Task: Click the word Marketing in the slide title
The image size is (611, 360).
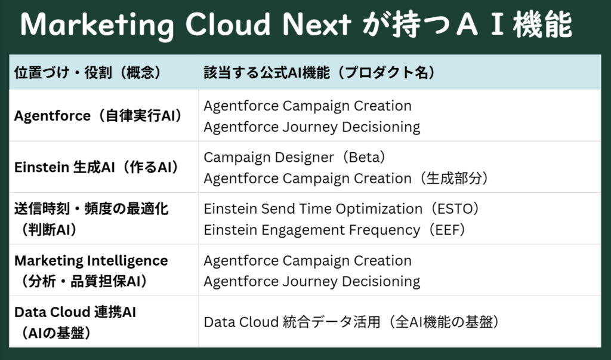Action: [97, 25]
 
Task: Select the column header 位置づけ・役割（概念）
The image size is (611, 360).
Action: [88, 73]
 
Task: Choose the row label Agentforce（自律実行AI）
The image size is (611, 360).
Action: [98, 116]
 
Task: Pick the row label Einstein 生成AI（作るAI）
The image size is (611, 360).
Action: [97, 167]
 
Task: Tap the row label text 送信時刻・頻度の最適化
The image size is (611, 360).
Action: [91, 209]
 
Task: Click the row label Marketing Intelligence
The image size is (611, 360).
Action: [91, 260]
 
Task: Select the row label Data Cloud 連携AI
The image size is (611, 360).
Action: [75, 312]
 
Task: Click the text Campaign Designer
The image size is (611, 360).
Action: [269, 158]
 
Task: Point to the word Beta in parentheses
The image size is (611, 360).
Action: [364, 157]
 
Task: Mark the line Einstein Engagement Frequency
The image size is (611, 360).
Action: [311, 230]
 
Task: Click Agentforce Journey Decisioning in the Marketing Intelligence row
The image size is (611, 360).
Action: [311, 282]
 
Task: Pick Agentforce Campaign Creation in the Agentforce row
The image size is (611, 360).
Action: [307, 106]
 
